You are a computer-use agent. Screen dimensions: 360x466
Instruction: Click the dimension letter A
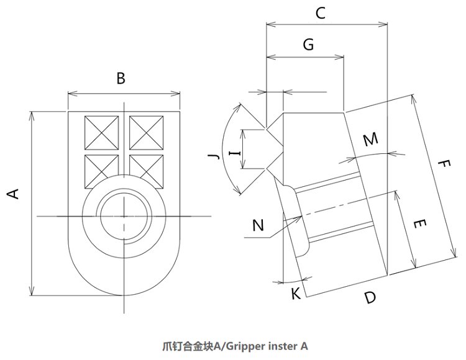click(x=12, y=194)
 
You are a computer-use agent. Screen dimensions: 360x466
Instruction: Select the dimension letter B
click(x=121, y=78)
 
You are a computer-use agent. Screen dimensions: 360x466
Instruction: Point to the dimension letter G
click(x=308, y=44)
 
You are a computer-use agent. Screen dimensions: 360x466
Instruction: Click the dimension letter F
click(x=443, y=166)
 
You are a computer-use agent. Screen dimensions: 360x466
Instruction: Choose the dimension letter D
click(x=370, y=297)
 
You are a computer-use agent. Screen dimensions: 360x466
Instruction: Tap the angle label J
click(x=215, y=156)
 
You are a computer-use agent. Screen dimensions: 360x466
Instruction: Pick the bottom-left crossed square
click(x=101, y=169)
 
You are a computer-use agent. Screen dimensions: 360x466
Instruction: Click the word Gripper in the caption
click(x=244, y=346)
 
